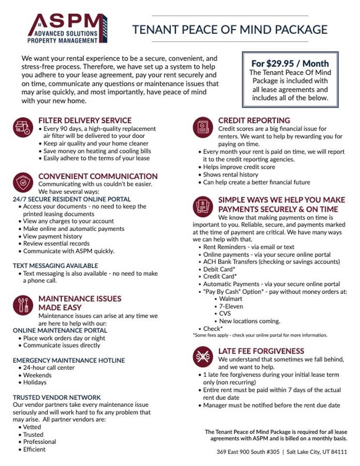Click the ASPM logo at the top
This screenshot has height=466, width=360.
click(67, 28)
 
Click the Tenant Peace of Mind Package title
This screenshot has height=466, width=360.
click(230, 29)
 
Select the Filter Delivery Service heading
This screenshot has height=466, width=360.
click(85, 120)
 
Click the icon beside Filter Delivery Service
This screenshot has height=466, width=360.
click(23, 127)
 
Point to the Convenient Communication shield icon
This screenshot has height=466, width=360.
click(23, 183)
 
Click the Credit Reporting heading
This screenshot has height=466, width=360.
click(254, 120)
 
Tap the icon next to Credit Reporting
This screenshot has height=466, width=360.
click(203, 127)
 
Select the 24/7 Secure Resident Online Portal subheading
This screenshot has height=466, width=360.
click(72, 199)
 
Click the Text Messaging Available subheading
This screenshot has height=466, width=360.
click(55, 266)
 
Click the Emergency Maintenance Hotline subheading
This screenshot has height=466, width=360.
click(69, 360)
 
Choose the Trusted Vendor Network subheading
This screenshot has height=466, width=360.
click(56, 397)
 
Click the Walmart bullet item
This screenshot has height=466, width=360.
click(231, 299)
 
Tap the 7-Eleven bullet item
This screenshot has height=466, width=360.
click(231, 306)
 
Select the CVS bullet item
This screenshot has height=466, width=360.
click(225, 314)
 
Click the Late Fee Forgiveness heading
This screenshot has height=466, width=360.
click(261, 351)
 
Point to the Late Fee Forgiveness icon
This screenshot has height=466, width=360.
click(203, 356)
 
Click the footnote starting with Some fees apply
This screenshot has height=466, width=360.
click(260, 335)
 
